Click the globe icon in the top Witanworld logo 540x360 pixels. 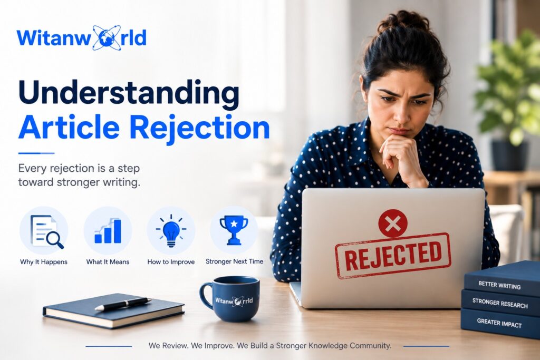click(107, 38)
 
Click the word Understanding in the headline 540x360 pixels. click(129, 93)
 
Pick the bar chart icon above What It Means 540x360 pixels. click(108, 230)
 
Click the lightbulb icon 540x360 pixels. click(171, 230)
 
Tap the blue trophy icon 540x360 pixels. click(234, 230)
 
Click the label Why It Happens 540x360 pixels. click(44, 262)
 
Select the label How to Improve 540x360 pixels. click(171, 262)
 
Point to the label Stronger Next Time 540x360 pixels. click(234, 261)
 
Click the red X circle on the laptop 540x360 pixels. click(392, 223)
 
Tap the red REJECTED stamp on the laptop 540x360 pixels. click(393, 256)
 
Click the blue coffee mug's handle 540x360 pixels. click(206, 296)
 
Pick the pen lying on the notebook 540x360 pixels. click(123, 304)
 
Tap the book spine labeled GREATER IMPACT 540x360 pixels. click(500, 323)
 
